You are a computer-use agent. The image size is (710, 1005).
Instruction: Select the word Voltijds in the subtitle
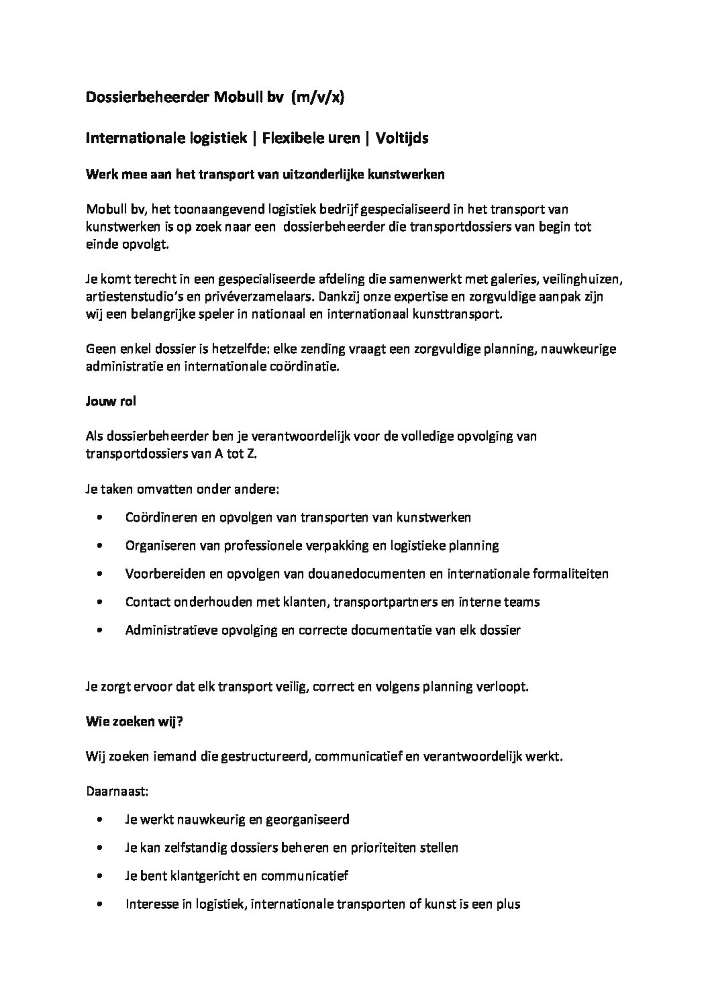[402, 138]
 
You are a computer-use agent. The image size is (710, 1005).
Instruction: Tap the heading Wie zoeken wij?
[134, 722]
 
